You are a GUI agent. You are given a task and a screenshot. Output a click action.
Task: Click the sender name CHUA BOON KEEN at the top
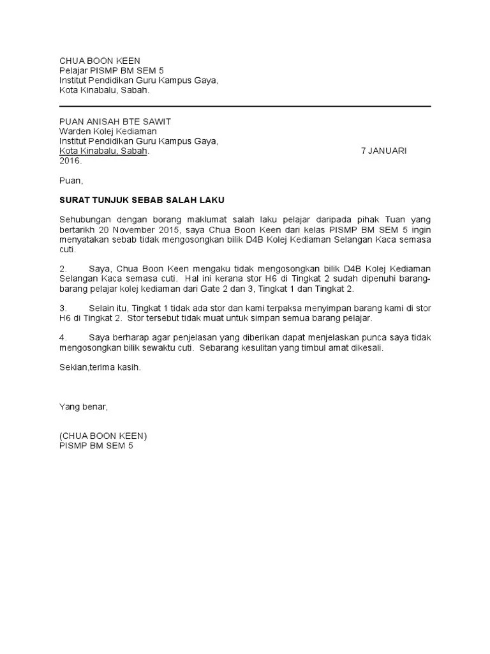pos(100,60)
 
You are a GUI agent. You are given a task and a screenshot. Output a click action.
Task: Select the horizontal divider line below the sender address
pos(245,107)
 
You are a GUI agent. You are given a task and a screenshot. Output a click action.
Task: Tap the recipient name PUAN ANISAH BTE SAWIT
pos(115,121)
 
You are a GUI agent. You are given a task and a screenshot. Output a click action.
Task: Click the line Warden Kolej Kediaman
pos(108,132)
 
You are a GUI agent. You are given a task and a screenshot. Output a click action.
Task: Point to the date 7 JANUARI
pos(384,151)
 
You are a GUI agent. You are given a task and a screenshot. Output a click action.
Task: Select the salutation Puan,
pos(71,180)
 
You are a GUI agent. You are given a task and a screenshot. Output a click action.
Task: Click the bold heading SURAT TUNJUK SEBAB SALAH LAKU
pos(142,200)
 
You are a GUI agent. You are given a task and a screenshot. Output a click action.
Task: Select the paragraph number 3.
pos(63,307)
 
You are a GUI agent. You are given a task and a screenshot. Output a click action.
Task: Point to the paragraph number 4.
pos(63,337)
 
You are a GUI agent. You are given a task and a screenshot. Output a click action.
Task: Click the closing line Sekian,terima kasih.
pos(100,367)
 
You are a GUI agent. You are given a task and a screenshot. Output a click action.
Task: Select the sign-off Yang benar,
pos(84,406)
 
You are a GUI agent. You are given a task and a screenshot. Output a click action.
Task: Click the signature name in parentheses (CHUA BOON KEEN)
pos(103,436)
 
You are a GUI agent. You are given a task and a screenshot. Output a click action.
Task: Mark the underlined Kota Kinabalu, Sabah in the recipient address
pos(103,151)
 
